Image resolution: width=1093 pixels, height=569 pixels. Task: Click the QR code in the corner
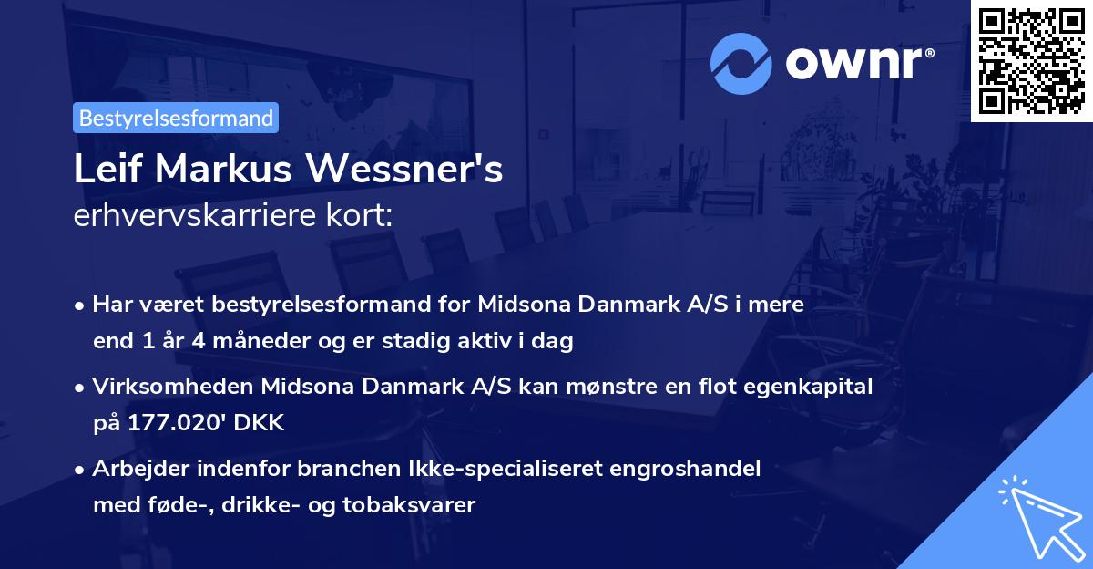tap(1031, 60)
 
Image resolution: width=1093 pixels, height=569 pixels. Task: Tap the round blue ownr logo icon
tap(741, 63)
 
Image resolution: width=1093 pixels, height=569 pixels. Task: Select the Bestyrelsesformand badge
tap(176, 118)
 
